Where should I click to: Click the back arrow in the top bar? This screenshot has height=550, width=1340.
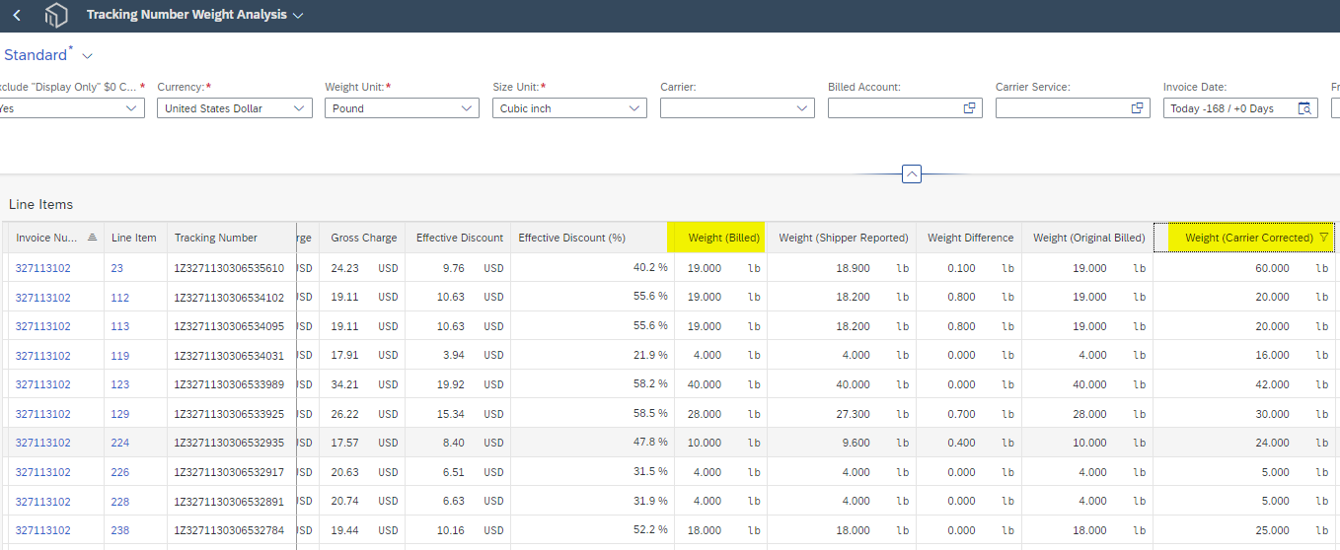click(x=17, y=15)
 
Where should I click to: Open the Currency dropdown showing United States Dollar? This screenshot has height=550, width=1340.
click(x=235, y=108)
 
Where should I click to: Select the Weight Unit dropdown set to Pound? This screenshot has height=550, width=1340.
click(x=402, y=108)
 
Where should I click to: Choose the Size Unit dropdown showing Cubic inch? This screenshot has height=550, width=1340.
click(x=569, y=108)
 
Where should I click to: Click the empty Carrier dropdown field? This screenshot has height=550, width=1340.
click(x=737, y=108)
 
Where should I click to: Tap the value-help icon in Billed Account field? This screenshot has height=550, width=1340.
click(x=969, y=108)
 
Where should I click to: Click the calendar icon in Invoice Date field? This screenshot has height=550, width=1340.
click(x=1304, y=108)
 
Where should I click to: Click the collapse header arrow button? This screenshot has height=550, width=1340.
click(x=912, y=173)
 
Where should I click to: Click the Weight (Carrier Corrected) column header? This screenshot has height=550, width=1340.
click(x=1249, y=238)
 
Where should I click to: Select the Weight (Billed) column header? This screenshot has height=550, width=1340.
click(x=724, y=238)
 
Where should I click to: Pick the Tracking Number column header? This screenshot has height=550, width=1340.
click(x=216, y=238)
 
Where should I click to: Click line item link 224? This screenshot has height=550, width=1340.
click(x=120, y=443)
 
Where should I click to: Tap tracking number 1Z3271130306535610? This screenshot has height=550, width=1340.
click(x=229, y=268)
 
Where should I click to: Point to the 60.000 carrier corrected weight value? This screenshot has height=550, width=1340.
click(x=1272, y=268)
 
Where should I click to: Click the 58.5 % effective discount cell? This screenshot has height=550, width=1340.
click(x=650, y=413)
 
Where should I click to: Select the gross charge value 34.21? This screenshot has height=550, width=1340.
click(x=344, y=384)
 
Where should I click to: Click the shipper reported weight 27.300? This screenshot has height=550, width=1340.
click(x=853, y=414)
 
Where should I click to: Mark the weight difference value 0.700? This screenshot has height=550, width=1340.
click(x=961, y=414)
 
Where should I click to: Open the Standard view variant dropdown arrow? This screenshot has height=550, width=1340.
click(x=88, y=56)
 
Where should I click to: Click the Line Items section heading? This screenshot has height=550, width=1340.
click(x=40, y=204)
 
